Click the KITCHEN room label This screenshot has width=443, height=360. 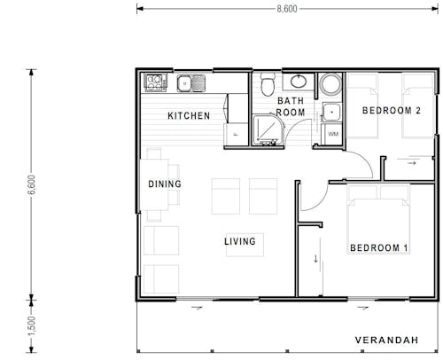tap(190, 116)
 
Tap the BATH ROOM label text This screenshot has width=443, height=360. tap(291, 107)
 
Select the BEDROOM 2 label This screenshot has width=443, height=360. tap(391, 111)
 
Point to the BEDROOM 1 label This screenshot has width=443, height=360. tap(378, 247)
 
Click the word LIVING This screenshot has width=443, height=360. tap(239, 241)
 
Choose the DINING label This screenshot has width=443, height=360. tap(165, 184)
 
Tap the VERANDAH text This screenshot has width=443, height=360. tap(392, 340)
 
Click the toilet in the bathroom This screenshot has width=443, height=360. tap(268, 85)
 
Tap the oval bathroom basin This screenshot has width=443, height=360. tap(299, 82)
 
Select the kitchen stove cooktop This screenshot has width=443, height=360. tap(155, 83)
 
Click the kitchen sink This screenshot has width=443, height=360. tap(190, 84)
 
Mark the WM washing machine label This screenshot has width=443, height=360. tap(333, 133)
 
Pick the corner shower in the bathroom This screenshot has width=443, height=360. tap(267, 130)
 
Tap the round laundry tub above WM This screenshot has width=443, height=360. tap(331, 86)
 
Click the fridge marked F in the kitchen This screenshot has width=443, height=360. tap(236, 131)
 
